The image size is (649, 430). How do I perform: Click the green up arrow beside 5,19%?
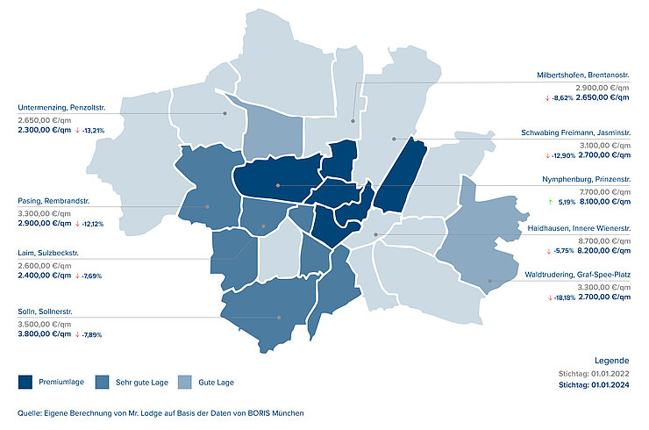pos(550,201)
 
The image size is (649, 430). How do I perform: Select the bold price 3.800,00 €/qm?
pos(44,333)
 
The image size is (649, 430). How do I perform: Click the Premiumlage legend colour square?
pos(25,382)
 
